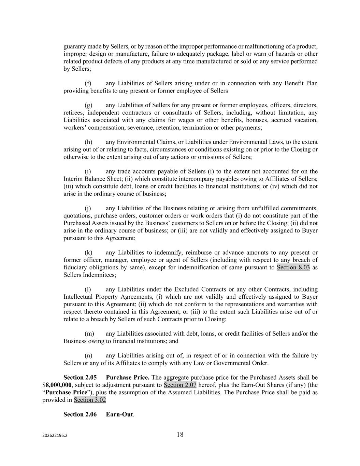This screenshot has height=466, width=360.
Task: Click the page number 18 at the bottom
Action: tap(180, 435)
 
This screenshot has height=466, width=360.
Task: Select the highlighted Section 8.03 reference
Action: tap(293, 267)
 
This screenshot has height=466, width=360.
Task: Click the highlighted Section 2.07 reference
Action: tap(180, 385)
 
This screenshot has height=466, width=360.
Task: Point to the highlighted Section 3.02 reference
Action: tap(90, 400)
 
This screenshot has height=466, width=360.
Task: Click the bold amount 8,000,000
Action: tap(58, 385)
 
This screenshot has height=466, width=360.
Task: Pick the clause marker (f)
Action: tap(88, 83)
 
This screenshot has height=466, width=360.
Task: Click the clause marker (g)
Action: tap(88, 105)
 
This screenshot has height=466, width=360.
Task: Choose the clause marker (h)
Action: tap(88, 142)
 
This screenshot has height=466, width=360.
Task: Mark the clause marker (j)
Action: tap(88, 208)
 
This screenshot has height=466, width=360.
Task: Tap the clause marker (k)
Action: tap(88, 253)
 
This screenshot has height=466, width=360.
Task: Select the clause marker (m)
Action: tap(89, 334)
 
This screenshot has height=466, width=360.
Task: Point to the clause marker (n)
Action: tap(88, 355)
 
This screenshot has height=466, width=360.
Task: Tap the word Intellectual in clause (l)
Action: tap(77, 297)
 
